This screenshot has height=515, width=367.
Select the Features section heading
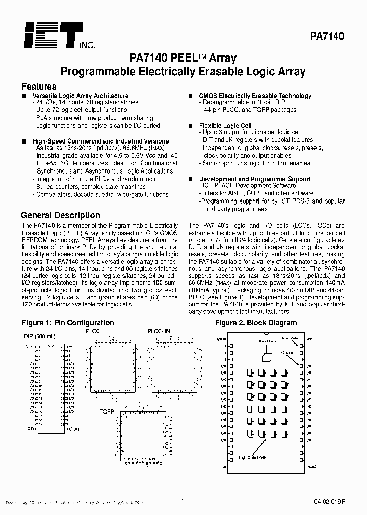tap(39, 87)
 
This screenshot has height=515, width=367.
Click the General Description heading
tap(60, 215)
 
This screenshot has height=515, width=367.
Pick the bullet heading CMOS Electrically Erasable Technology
tap(255, 96)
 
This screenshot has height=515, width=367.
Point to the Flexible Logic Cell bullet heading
tap(225, 125)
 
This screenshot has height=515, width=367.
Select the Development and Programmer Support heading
tap(254, 179)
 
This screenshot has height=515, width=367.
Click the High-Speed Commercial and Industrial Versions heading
tap(100, 141)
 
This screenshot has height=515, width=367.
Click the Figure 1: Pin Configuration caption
tap(68, 323)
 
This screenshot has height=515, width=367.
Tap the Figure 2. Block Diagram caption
tap(256, 323)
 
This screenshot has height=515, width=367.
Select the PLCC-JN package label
tap(159, 331)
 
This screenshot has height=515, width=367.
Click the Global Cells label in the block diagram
tap(267, 341)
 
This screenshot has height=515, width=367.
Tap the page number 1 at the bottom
tap(182, 501)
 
